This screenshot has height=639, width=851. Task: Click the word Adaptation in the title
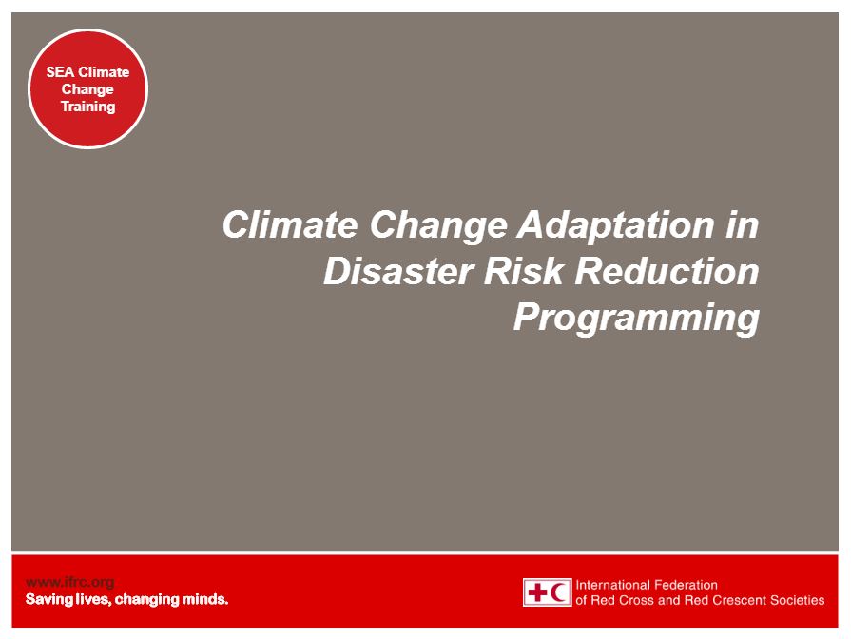616,225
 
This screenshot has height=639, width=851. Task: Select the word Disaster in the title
398,271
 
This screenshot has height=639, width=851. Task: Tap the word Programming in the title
637,319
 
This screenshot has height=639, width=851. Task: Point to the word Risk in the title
523,271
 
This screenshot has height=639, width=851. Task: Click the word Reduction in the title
667,271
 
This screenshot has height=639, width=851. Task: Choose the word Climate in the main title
290,224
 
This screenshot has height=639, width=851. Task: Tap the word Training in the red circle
87,106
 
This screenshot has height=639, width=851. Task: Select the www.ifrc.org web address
70,583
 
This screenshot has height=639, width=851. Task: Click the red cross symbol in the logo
537,591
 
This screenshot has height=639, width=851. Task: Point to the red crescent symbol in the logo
559,591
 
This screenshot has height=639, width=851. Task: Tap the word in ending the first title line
743,224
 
